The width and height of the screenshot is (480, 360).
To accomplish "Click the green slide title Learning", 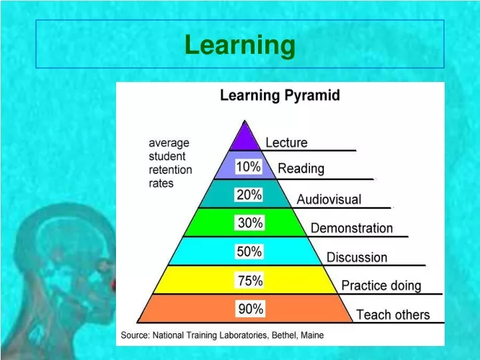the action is click(240, 45).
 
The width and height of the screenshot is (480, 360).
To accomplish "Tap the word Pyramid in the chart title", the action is click(312, 95).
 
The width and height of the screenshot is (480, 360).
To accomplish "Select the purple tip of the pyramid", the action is click(245, 135).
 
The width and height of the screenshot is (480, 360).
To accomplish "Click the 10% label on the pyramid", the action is click(248, 167).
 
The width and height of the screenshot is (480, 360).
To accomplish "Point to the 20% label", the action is click(249, 195).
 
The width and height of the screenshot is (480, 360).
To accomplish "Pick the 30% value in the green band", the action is click(250, 223).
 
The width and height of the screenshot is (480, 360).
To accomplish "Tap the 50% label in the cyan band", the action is click(249, 251).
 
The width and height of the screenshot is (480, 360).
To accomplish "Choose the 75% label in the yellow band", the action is click(250, 280).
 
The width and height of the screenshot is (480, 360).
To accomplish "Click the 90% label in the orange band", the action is click(251, 309).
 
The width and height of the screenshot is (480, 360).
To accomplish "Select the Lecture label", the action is click(287, 143).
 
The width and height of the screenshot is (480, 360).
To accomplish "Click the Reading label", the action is click(301, 169).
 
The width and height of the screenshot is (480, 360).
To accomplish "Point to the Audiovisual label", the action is click(329, 199).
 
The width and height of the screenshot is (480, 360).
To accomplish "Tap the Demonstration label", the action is click(352, 228).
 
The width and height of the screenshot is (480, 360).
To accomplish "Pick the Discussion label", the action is click(357, 257).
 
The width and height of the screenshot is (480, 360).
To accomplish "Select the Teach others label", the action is click(393, 315).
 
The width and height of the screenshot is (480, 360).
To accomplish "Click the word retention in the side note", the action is click(170, 170).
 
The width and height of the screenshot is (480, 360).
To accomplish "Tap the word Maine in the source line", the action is click(312, 335).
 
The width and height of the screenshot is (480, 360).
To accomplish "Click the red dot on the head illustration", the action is click(113, 285).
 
